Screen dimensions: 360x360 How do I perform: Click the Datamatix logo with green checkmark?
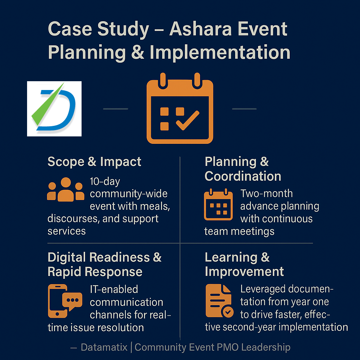coord(54,109)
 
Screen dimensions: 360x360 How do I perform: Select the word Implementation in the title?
coord(220,52)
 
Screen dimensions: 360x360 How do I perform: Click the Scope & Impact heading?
coord(94,162)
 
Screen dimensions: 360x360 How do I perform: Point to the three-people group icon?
coord(65,190)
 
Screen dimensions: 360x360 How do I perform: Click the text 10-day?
coord(105,181)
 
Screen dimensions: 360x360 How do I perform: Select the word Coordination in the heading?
coord(243,176)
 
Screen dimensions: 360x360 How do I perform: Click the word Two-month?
coord(266,193)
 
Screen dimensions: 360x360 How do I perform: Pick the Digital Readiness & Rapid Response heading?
coord(104,264)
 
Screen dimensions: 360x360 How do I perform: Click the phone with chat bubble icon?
coord(65,301)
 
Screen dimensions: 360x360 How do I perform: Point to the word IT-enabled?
coord(114,289)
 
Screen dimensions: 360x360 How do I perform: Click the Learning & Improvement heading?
coord(244,264)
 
